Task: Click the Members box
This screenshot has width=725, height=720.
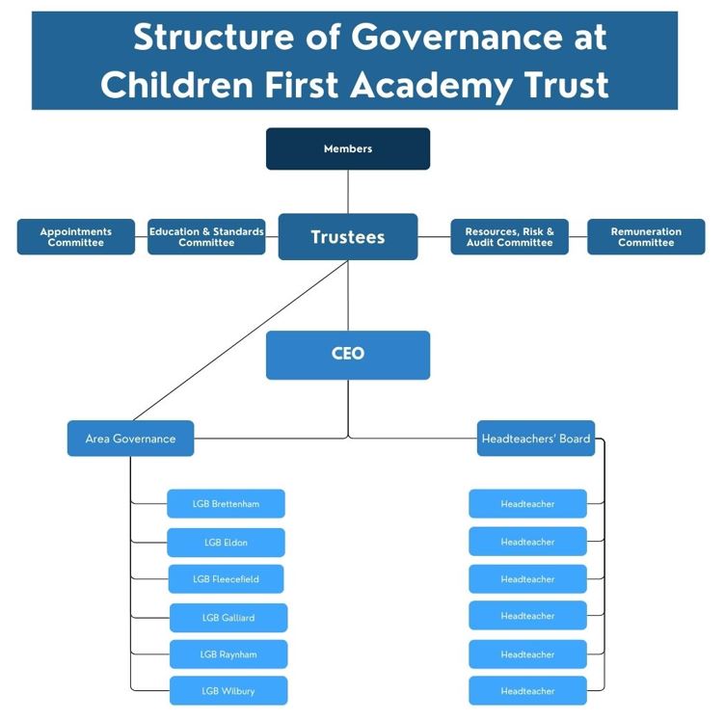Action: point(348,148)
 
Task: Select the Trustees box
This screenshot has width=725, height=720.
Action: point(348,236)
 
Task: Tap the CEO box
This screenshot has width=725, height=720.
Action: point(348,355)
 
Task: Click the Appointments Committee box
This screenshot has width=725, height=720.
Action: point(76,236)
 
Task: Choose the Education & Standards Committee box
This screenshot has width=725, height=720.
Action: point(206,236)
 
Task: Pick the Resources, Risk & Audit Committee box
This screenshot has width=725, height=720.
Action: point(510,236)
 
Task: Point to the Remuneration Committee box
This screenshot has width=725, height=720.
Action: point(646,236)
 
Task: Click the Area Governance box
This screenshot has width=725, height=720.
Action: point(130,439)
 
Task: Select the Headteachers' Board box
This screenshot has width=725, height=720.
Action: point(536,439)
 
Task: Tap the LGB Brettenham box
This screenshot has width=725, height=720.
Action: point(226,504)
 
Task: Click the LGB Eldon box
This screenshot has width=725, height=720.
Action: point(226,543)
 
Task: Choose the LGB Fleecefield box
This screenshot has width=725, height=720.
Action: point(226,579)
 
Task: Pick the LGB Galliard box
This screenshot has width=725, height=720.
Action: point(228,618)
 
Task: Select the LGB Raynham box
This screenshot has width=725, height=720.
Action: point(228,654)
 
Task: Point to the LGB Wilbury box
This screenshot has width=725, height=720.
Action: point(228,691)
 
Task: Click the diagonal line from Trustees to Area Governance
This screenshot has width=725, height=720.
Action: point(240,340)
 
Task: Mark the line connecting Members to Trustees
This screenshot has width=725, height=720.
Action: point(348,192)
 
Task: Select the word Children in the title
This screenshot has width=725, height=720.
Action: point(177,85)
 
